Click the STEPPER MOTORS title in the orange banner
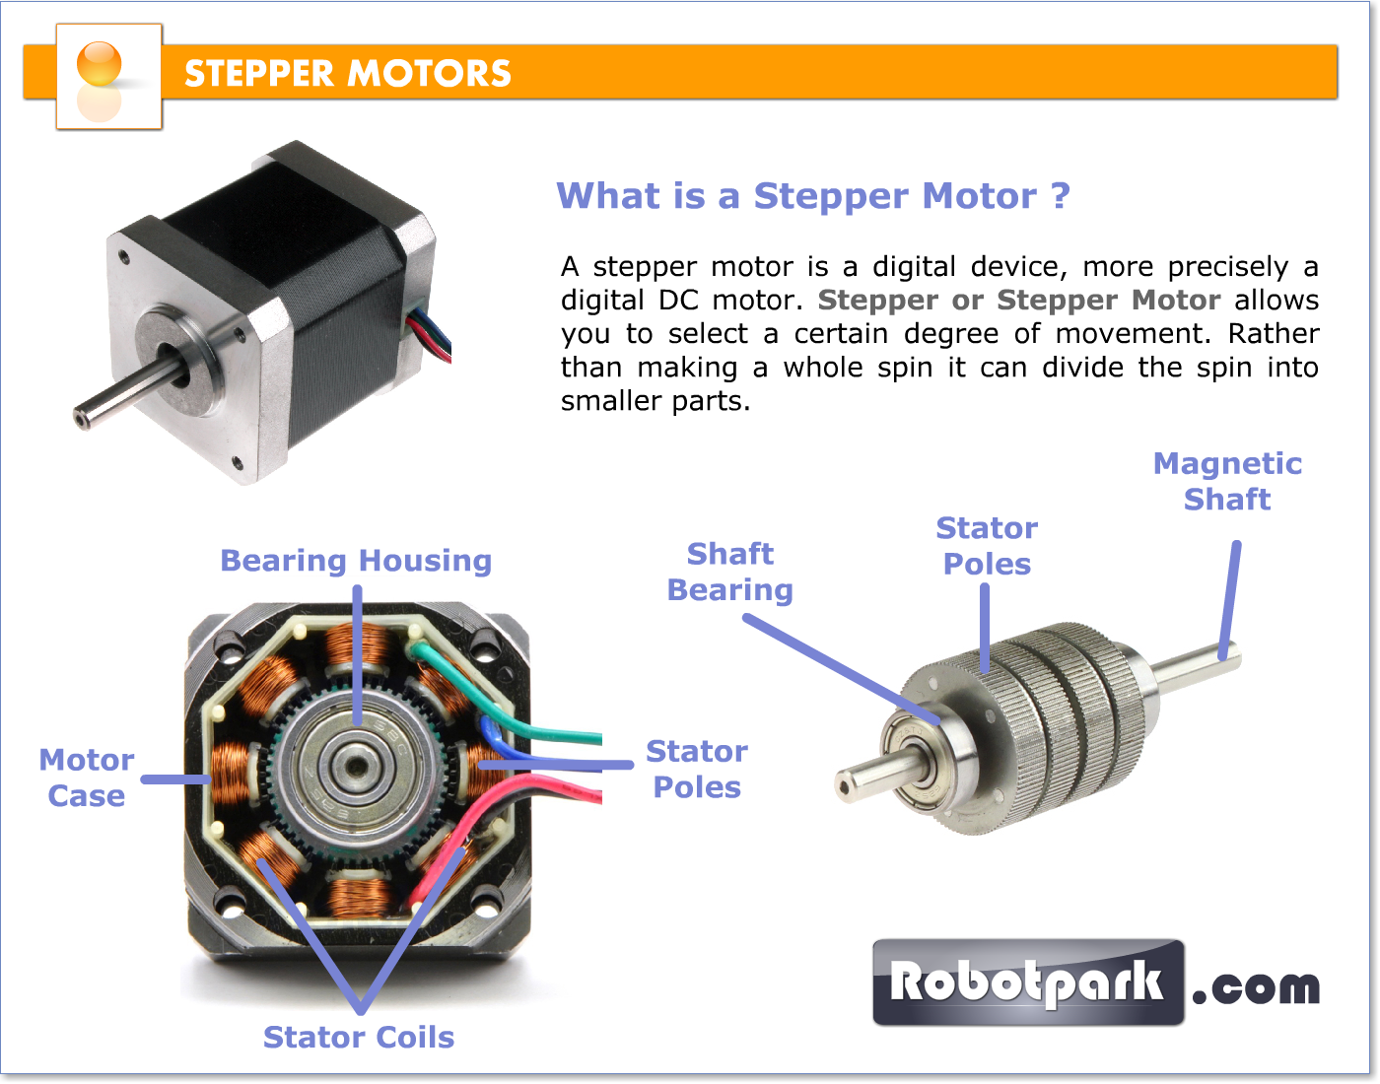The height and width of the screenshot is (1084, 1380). (347, 74)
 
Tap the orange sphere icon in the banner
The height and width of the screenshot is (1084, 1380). (99, 64)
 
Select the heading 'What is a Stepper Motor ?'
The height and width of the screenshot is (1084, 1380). (813, 196)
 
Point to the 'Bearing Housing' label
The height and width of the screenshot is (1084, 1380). (356, 561)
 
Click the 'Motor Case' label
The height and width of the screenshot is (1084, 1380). (87, 778)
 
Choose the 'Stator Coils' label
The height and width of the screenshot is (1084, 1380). (359, 1037)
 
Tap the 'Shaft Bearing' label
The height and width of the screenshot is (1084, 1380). (730, 572)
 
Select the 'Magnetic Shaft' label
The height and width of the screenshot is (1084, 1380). (1227, 481)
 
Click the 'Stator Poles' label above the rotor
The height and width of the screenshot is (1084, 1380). (987, 546)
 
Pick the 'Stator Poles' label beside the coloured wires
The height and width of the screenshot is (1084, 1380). (697, 769)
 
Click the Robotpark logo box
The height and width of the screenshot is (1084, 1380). (1028, 982)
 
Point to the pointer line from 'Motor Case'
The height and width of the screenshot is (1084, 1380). (175, 779)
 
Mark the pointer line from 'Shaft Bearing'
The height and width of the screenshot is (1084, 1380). (838, 667)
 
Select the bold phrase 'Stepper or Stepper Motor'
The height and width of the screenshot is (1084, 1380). (1019, 301)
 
